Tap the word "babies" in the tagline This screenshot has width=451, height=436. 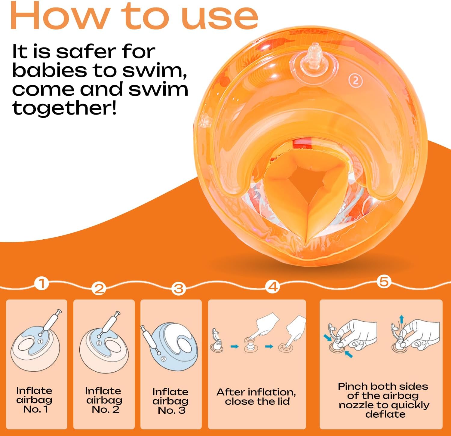[49, 70]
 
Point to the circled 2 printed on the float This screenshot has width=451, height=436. [356, 81]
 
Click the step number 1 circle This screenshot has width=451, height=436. [41, 283]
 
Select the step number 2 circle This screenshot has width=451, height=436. [99, 288]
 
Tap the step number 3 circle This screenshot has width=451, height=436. [179, 289]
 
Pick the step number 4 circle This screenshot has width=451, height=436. [273, 287]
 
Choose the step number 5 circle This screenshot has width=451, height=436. [384, 282]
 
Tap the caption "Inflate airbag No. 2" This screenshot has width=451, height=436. [104, 400]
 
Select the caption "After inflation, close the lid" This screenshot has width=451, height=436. [256, 397]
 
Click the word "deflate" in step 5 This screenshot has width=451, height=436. [385, 414]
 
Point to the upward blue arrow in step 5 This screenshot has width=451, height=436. [401, 320]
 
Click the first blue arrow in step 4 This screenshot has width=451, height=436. [235, 347]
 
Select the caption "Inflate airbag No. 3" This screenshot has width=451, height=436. [170, 401]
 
